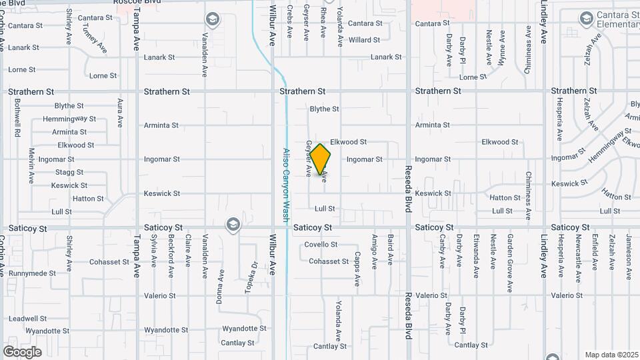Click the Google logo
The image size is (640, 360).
click(22, 351)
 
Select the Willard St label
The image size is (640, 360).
click(364, 40)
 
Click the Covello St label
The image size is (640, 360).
click(321, 245)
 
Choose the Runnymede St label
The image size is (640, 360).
click(33, 273)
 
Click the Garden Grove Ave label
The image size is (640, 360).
click(509, 254)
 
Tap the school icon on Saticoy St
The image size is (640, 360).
click(233, 223)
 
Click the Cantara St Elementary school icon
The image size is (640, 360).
click(586, 17)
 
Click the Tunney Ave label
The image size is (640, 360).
click(93, 39)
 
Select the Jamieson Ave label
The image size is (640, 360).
click(628, 252)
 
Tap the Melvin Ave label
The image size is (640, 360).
click(31, 165)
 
